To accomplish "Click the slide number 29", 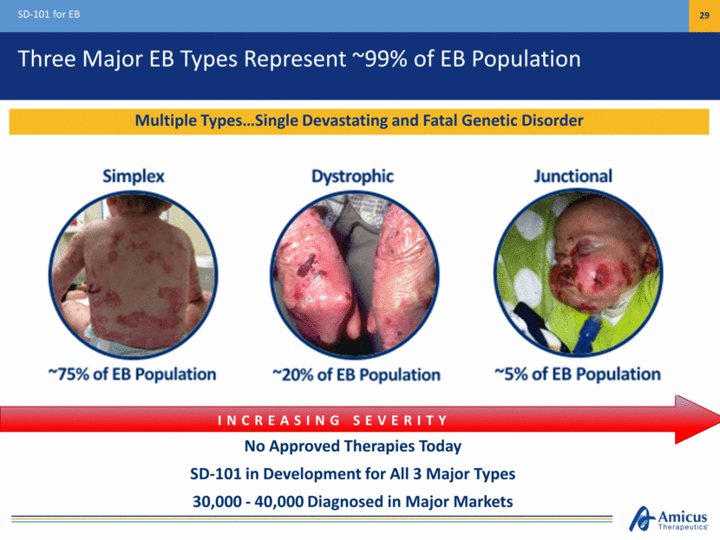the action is pyautogui.click(x=704, y=15).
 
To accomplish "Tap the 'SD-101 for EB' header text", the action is pyautogui.click(x=49, y=14).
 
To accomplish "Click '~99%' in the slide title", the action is pyautogui.click(x=379, y=59).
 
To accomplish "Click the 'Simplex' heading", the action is pyautogui.click(x=134, y=176).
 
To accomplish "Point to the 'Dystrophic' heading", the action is pyautogui.click(x=353, y=176).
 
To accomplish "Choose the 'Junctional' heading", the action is pyautogui.click(x=573, y=176).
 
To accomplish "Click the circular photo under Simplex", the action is pyautogui.click(x=134, y=275).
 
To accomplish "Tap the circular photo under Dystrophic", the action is pyautogui.click(x=355, y=275).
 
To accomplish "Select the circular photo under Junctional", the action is pyautogui.click(x=578, y=273).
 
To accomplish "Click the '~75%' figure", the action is pyautogui.click(x=69, y=374).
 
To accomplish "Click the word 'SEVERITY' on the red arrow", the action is pyautogui.click(x=400, y=420).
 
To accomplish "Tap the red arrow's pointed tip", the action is pyautogui.click(x=718, y=419).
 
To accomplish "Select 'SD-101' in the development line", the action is pyautogui.click(x=216, y=473).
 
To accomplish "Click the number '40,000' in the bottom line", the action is pyautogui.click(x=279, y=502).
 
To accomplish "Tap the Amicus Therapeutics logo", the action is pyautogui.click(x=669, y=519).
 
